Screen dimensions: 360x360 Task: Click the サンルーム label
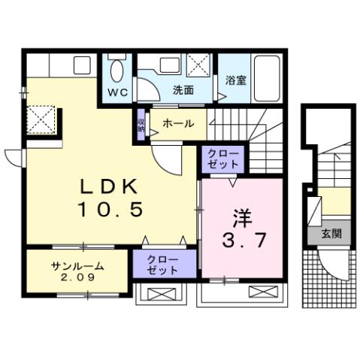coord(77,267)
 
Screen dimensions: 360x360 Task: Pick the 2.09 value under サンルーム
coord(77,278)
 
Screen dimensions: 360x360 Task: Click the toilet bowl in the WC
coord(116,71)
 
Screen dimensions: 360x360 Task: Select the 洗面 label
coord(183,89)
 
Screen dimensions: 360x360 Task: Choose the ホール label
coord(178,123)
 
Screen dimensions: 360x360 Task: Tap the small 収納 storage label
coord(141,125)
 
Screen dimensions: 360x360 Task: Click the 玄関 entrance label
coord(331,234)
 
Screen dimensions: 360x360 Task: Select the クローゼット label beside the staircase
coord(222,159)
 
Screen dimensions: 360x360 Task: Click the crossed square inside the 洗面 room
coord(197,63)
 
